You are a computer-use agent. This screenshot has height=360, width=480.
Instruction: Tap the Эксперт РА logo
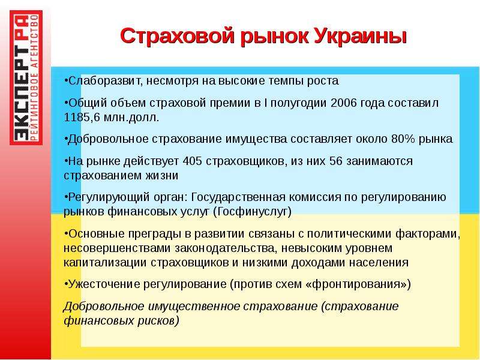click(x=26, y=77)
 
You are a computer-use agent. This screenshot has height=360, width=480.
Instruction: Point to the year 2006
click(x=344, y=103)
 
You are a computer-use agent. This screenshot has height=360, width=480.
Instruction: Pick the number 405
click(x=192, y=161)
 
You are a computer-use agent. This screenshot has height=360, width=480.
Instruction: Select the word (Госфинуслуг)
click(x=252, y=212)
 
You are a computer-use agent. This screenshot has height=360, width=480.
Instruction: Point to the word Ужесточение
click(x=104, y=284)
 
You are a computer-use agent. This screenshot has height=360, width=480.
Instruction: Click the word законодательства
click(x=224, y=248)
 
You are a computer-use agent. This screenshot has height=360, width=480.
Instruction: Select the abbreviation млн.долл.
click(x=131, y=118)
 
